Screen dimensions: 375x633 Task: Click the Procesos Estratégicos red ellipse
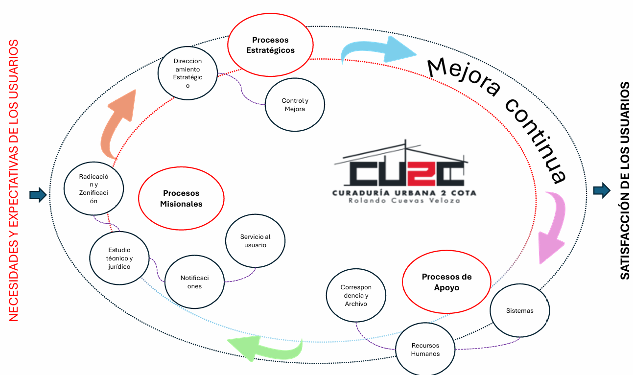coord(270,45)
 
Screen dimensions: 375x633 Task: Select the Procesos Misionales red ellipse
coord(181,199)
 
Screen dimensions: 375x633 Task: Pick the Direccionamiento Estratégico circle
coord(188,73)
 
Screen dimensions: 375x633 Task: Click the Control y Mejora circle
coord(295,105)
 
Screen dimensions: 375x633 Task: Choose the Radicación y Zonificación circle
coord(94,188)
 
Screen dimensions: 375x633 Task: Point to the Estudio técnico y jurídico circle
coord(119,258)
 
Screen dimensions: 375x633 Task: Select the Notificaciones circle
coord(194,282)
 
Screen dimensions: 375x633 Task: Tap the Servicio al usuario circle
coord(255,241)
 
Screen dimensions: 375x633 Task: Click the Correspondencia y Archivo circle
coord(356,296)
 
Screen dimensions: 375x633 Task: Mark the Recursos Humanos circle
coord(425,350)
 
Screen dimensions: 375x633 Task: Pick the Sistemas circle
coord(519,311)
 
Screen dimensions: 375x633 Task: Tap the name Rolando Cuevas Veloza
coord(404,201)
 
